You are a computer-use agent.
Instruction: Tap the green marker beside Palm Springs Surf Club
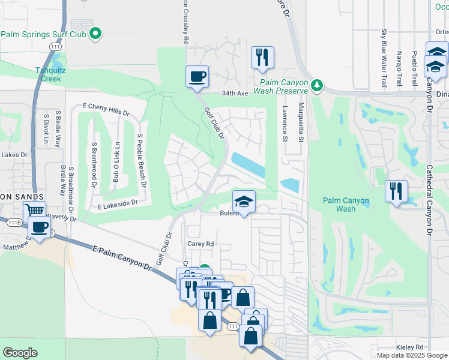94,34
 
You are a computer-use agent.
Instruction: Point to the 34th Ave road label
234,94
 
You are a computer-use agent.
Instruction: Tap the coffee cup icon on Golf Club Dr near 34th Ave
197,77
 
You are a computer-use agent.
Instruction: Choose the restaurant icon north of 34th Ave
262,58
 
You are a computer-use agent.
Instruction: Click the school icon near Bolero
244,202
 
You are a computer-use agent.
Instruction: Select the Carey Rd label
201,244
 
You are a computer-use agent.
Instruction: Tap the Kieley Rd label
410,347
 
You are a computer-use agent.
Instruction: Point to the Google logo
20,353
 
